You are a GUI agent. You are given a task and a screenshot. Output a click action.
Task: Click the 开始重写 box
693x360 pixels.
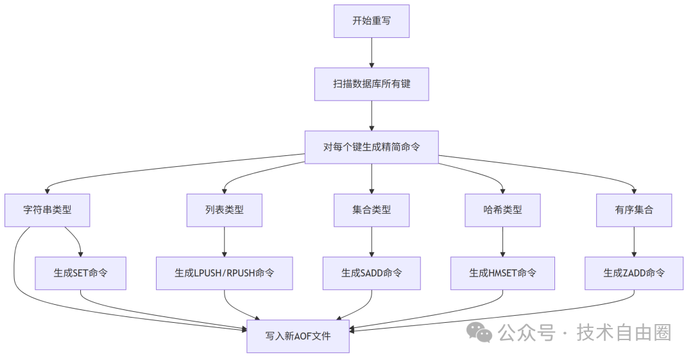point(371,21)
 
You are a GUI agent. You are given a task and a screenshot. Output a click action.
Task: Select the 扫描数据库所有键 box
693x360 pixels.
point(371,84)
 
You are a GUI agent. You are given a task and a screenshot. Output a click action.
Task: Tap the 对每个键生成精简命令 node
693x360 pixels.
point(371,147)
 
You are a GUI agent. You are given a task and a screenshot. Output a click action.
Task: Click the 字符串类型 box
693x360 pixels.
point(47,210)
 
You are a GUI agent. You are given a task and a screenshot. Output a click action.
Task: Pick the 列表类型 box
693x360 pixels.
point(224,210)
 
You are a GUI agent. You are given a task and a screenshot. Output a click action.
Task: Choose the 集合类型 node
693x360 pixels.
point(371,210)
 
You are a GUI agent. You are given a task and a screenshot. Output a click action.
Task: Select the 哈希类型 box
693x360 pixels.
point(502,210)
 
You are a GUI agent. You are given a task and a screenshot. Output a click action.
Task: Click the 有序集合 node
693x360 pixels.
point(634,210)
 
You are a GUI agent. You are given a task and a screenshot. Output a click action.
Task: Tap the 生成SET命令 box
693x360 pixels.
point(80,273)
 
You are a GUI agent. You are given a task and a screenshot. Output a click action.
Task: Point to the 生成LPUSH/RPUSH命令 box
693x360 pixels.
point(224,273)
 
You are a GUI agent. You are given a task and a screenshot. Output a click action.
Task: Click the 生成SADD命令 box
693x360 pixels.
point(371,273)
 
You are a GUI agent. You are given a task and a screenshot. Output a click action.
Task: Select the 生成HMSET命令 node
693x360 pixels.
point(502,273)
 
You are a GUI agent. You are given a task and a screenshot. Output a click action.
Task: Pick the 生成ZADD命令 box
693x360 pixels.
point(634,273)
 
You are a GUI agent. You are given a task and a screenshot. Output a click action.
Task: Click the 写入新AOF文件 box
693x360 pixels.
point(298,336)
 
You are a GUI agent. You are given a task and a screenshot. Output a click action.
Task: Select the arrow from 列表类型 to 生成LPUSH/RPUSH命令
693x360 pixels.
point(224,242)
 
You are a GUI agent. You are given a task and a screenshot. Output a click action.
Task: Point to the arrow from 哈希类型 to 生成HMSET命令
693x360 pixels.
point(502,242)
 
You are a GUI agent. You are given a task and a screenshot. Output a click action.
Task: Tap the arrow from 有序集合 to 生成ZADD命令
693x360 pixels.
point(634,242)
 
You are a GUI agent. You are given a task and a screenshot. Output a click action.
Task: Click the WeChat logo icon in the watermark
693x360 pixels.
point(479,332)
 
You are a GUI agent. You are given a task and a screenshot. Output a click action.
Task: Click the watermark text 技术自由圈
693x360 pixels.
point(624,332)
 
